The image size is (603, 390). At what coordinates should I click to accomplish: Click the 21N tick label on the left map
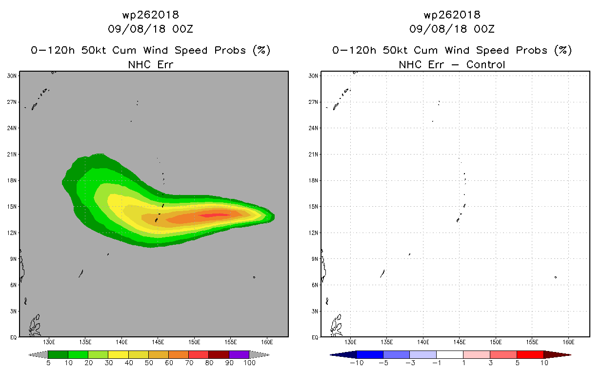12,155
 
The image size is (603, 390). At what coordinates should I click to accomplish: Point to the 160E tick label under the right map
568,342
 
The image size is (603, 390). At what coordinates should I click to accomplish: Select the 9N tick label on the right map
315,259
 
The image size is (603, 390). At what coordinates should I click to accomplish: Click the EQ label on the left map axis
13,337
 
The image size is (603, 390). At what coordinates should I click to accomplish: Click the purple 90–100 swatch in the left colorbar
239,354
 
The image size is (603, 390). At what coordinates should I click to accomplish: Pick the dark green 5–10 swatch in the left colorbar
58,354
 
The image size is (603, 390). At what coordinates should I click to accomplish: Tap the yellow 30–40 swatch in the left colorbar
118,354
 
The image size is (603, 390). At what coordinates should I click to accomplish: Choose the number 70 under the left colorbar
189,363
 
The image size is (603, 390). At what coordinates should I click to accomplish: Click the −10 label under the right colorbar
357,363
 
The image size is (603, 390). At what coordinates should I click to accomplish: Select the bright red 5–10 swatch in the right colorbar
530,354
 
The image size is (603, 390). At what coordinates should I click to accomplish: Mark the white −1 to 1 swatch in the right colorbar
449,354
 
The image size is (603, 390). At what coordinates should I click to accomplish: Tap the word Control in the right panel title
485,65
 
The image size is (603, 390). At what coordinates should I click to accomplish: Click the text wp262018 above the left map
150,15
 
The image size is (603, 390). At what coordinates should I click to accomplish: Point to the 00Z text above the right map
484,29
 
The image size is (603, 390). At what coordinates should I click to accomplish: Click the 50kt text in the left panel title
94,50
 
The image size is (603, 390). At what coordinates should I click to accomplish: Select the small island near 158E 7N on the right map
556,277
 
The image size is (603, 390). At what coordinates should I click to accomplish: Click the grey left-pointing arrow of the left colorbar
38,354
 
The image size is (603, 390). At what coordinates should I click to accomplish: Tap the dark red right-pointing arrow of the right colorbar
557,355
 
